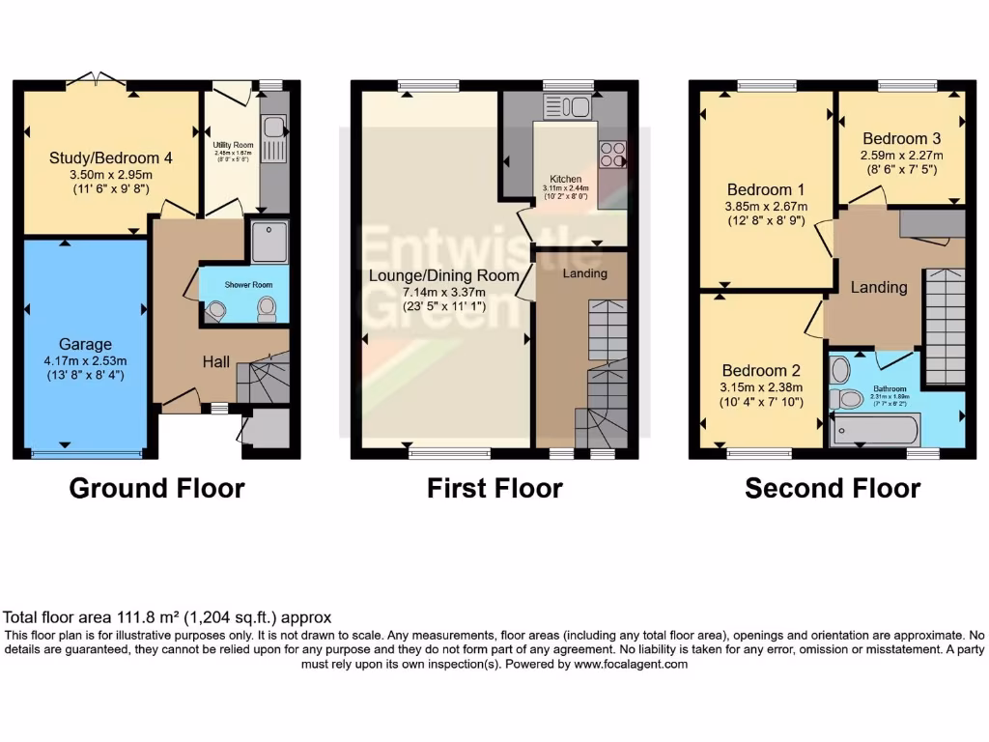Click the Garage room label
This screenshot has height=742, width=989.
pyautogui.click(x=85, y=344)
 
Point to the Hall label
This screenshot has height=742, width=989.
pyautogui.click(x=215, y=361)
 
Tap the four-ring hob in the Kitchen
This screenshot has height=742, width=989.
pyautogui.click(x=612, y=153)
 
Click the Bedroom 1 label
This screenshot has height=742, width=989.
pyautogui.click(x=766, y=189)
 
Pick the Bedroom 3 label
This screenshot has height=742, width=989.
pyautogui.click(x=901, y=137)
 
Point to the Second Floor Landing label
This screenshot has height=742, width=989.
pyautogui.click(x=878, y=287)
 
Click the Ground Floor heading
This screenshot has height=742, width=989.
pyautogui.click(x=156, y=489)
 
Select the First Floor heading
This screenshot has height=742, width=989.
pyautogui.click(x=494, y=489)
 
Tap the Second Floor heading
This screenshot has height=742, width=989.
pyautogui.click(x=832, y=489)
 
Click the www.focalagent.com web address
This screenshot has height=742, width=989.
pyautogui.click(x=630, y=665)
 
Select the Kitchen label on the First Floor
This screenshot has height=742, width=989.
pyautogui.click(x=565, y=180)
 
